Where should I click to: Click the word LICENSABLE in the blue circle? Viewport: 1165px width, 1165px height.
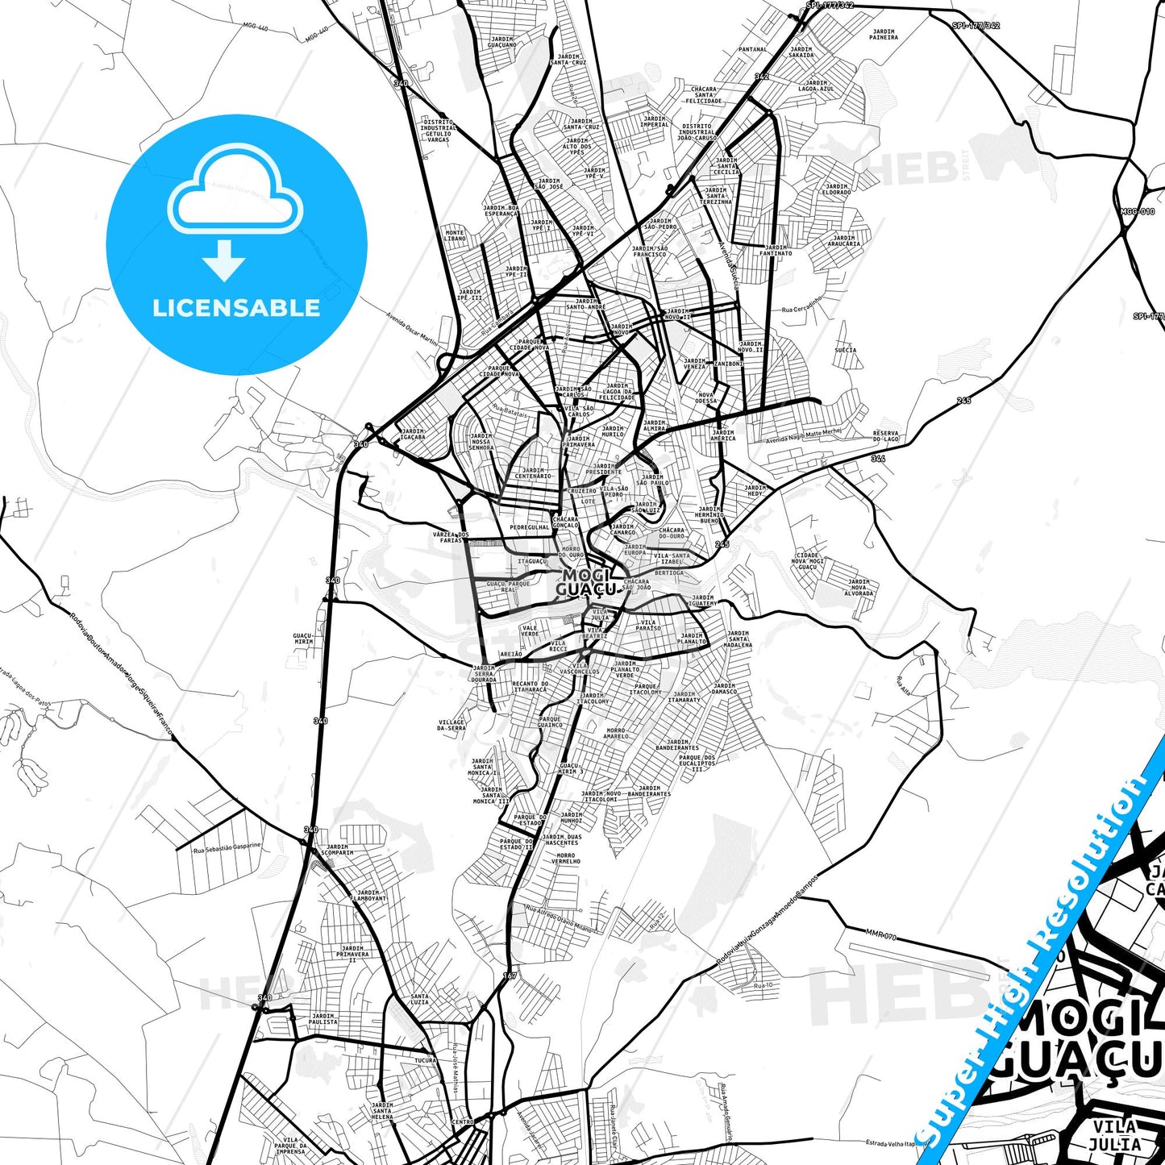pos(236,308)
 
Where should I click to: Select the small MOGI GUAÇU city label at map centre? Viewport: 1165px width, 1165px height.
pos(587,582)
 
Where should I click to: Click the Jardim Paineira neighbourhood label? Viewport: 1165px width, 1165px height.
pos(884,35)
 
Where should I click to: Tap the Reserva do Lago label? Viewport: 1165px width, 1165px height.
pos(885,435)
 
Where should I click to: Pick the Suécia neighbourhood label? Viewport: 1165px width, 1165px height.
pos(846,350)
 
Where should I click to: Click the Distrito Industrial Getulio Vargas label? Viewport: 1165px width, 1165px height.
pos(438,131)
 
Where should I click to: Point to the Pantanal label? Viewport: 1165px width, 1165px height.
pos(753,49)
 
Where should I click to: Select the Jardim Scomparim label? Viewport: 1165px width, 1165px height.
pos(337,850)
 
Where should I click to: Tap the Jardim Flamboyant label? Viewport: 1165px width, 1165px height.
pos(368,895)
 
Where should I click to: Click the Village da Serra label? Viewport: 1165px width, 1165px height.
pos(451,726)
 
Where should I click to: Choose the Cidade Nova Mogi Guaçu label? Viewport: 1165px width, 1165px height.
pos(807,561)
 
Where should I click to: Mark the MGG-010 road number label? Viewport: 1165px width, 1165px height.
pos(1137,211)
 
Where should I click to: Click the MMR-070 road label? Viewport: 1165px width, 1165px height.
pos(881,934)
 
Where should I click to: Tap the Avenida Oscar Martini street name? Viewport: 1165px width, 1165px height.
pos(411,329)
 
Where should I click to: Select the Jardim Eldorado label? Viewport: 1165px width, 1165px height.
pos(836,189)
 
